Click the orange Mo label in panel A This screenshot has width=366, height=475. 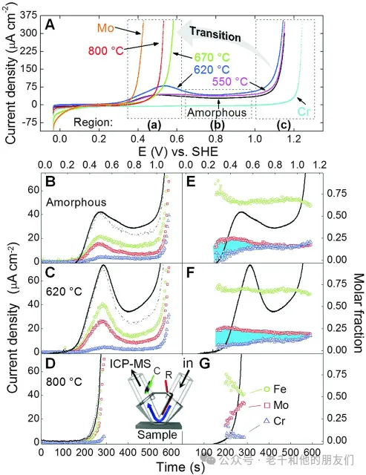(x=105, y=28)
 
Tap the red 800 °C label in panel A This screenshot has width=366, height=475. (x=106, y=50)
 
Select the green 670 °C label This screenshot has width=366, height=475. (x=212, y=57)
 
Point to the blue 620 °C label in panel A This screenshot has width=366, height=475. (x=212, y=70)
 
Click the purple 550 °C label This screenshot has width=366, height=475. (x=230, y=82)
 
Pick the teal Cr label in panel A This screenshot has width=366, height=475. (x=304, y=111)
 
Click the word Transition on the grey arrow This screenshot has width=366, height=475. (x=215, y=34)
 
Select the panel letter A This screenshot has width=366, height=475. (x=50, y=25)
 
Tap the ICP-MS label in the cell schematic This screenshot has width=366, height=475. (x=130, y=363)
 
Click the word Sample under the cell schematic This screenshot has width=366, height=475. (x=157, y=434)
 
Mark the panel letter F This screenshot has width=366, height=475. (x=190, y=272)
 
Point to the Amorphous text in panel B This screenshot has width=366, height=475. (x=76, y=202)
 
